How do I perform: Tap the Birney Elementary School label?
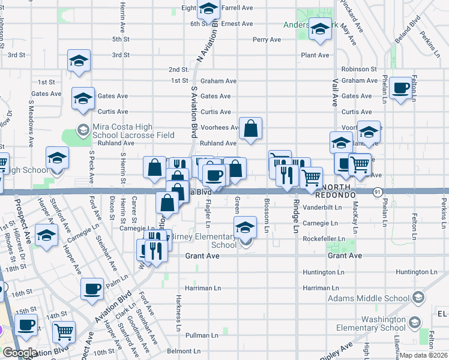click(x=203, y=241)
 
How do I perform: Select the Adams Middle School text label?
click(x=369, y=298)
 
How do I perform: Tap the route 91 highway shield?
click(x=376, y=191)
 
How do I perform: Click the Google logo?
click(x=19, y=353)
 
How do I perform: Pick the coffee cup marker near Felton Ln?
click(x=402, y=88)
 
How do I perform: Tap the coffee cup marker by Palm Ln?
click(x=92, y=289)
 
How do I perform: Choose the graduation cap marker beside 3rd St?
click(x=79, y=61)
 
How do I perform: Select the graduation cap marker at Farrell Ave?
click(x=208, y=9)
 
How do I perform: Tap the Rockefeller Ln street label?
click(x=324, y=239)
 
